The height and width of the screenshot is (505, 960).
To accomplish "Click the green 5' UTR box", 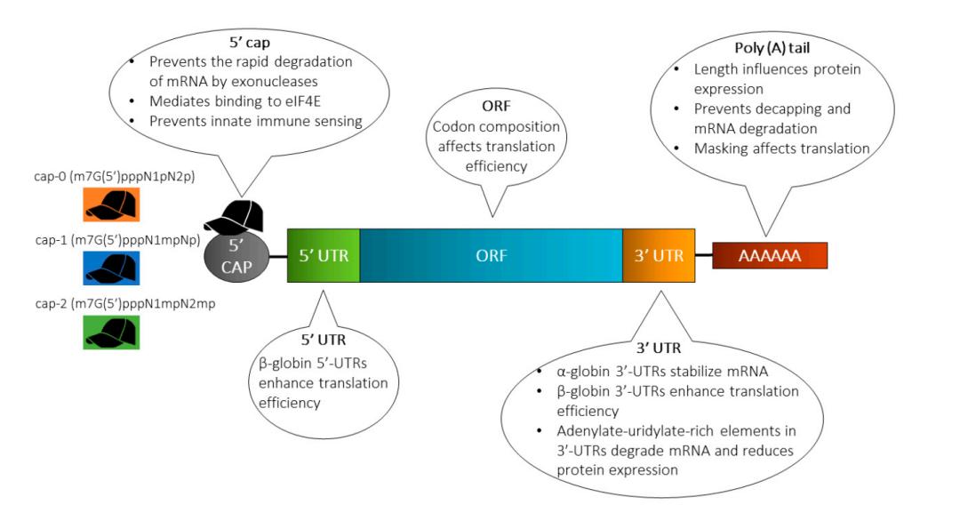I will [323, 255].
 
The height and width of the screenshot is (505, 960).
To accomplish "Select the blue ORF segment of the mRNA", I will [491, 255].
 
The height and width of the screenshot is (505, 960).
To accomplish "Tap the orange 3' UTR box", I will [658, 255].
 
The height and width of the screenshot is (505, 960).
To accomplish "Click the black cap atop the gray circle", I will [235, 215].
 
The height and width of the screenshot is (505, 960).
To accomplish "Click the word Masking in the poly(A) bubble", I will [726, 148].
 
